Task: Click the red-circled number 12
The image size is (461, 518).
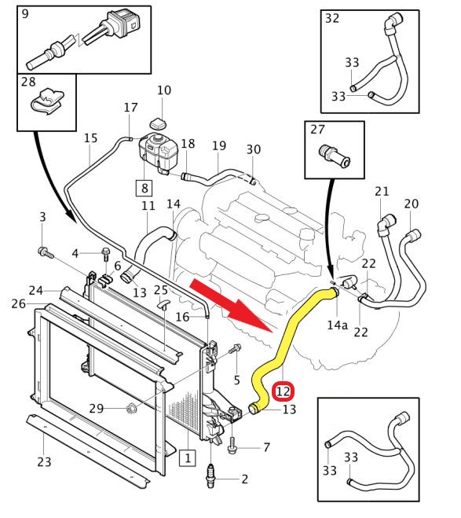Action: click(x=284, y=391)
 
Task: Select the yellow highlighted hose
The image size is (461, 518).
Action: click(x=287, y=350)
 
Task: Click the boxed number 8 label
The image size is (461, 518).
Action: click(x=145, y=188)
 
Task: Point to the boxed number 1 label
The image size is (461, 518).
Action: click(x=188, y=458)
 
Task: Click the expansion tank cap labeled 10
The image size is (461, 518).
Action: click(x=159, y=123)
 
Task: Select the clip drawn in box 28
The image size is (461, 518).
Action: click(x=47, y=101)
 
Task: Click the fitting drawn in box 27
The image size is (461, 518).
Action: click(x=335, y=156)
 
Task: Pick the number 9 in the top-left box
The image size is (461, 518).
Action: click(x=25, y=14)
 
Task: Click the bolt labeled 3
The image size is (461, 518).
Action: click(x=46, y=253)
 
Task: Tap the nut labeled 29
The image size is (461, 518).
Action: click(x=131, y=408)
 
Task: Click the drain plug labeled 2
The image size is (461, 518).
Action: click(x=210, y=476)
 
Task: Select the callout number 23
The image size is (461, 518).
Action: click(x=44, y=461)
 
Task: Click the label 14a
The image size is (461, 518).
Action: click(x=337, y=325)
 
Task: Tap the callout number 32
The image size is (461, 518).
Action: click(x=332, y=18)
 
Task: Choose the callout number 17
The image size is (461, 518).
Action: click(x=130, y=108)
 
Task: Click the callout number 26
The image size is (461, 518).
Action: click(x=19, y=303)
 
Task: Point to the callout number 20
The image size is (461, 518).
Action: click(x=412, y=204)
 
